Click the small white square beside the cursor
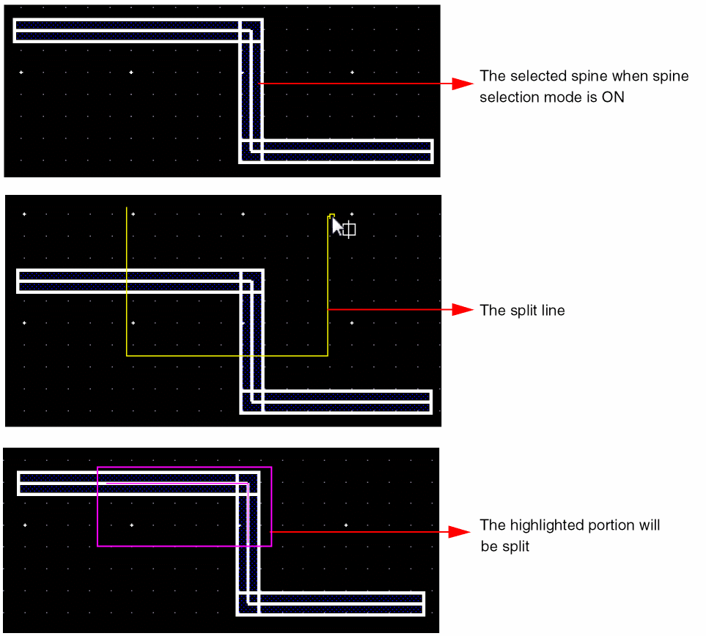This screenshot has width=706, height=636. (350, 229)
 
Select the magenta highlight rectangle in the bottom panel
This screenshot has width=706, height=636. (271, 506)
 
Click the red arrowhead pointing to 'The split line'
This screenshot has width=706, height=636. (461, 310)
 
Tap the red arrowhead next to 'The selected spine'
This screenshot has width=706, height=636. (461, 84)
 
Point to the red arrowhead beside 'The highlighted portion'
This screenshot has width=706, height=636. (461, 532)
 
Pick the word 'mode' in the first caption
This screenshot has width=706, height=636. (565, 97)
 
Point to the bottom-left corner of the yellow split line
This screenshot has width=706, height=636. (127, 356)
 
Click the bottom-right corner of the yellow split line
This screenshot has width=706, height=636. (328, 356)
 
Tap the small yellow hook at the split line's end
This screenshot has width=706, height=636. (331, 215)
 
